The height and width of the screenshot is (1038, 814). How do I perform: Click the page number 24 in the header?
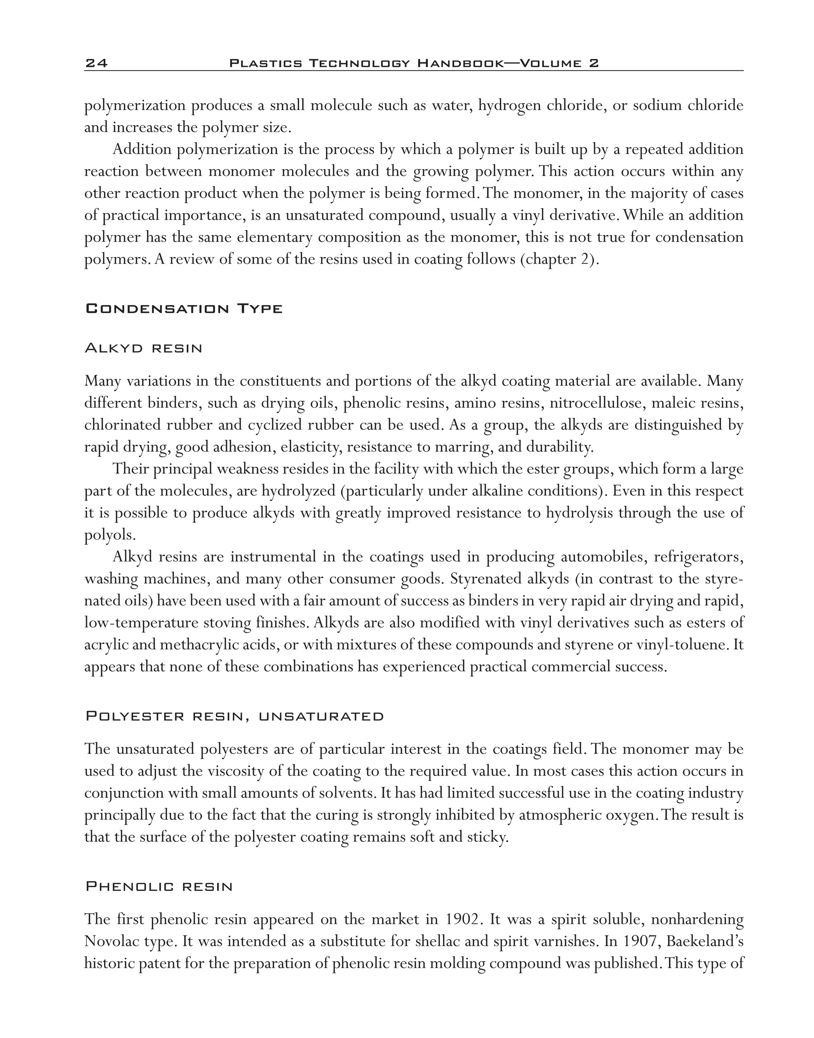(x=96, y=63)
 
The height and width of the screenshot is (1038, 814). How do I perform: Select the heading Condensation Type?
(x=184, y=309)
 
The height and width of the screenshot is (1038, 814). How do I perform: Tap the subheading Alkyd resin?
(x=143, y=348)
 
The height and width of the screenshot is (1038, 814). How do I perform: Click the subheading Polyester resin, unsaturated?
(x=235, y=717)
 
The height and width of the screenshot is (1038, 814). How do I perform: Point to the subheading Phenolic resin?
(x=159, y=887)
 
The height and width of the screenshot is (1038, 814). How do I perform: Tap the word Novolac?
(x=107, y=941)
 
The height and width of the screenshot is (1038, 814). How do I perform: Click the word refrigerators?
(x=698, y=557)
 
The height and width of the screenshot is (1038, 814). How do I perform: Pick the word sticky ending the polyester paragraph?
(x=490, y=837)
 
